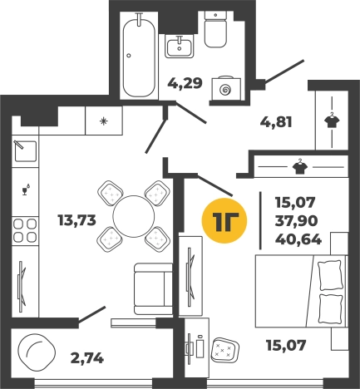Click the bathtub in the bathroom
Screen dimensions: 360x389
click(x=139, y=56)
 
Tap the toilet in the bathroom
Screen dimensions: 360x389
click(x=215, y=30)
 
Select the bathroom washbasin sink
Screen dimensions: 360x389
click(x=180, y=47)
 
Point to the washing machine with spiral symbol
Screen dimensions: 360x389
click(x=226, y=88)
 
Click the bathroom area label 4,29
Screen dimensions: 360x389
click(x=185, y=83)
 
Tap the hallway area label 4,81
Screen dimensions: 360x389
click(x=276, y=122)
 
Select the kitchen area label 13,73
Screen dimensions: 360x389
click(x=76, y=220)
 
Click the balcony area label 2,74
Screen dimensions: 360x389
click(x=87, y=358)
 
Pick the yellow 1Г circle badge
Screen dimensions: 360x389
click(x=224, y=220)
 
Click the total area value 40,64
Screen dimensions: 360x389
click(x=298, y=239)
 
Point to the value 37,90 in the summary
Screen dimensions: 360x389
click(x=296, y=221)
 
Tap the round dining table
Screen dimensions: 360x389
click(x=134, y=216)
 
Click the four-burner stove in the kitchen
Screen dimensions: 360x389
click(x=25, y=230)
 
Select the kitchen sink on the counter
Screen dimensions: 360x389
click(x=25, y=150)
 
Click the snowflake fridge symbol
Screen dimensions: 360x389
click(x=104, y=121)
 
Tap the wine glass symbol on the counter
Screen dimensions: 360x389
click(x=26, y=190)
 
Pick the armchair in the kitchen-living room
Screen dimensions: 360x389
click(x=153, y=288)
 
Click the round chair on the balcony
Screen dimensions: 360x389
click(x=37, y=352)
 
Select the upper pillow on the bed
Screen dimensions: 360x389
click(x=329, y=276)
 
